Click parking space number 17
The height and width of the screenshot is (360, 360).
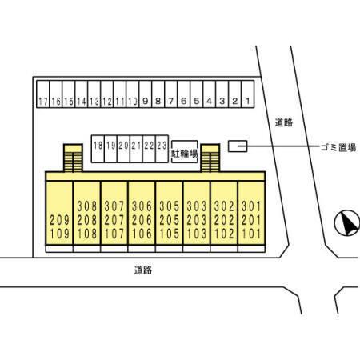[x=43, y=94]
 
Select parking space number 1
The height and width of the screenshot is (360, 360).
[x=248, y=94]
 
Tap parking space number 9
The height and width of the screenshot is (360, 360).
[x=146, y=94]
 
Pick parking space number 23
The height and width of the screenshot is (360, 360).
[x=162, y=149]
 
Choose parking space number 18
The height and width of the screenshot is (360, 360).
[x=98, y=149]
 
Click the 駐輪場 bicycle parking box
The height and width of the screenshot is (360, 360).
[x=185, y=152]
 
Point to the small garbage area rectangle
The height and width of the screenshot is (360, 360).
[x=238, y=146]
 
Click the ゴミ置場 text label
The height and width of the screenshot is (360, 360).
[x=338, y=147]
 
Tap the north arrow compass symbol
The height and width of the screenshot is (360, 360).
[x=347, y=223]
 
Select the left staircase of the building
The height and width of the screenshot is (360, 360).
[x=73, y=158]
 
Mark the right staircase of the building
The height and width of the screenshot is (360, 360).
[x=210, y=158]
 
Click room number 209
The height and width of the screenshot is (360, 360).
[x=59, y=220]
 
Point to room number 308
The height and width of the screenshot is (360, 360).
[x=87, y=206]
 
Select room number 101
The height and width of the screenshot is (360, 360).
[x=251, y=234]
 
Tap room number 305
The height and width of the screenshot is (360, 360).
[x=170, y=206]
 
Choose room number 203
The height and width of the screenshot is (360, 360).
[x=197, y=220]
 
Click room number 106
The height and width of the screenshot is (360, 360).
[x=142, y=234]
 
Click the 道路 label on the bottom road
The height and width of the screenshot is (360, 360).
[x=143, y=270]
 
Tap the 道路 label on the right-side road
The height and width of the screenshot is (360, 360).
[x=284, y=122]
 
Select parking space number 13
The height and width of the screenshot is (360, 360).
[x=94, y=94]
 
